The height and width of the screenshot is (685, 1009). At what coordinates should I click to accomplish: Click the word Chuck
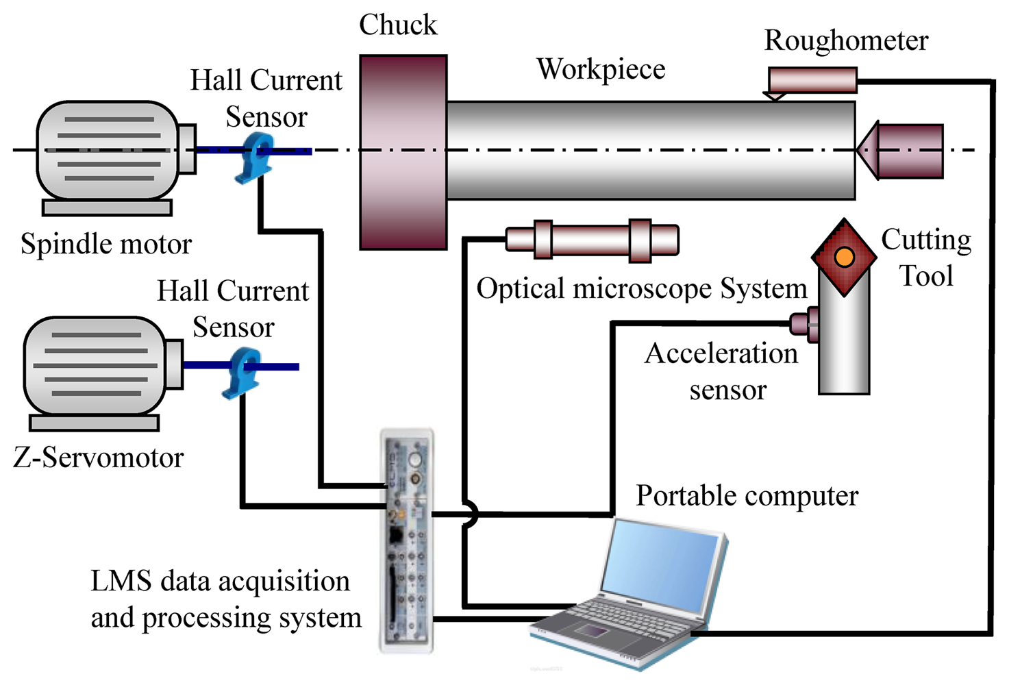[398, 25]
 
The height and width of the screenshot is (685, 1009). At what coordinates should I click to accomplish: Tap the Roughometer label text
[845, 40]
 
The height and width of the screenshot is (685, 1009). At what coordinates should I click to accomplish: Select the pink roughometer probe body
[812, 79]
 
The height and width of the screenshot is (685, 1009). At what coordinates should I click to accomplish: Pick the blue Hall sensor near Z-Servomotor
[242, 373]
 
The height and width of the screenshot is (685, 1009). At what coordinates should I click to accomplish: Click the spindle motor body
[107, 150]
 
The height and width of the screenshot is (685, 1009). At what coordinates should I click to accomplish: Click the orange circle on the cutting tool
[844, 257]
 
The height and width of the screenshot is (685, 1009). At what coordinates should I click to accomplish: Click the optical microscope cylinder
[592, 240]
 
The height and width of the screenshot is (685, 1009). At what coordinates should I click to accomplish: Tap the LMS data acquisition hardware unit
[407, 541]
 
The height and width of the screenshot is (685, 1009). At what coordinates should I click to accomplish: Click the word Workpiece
[600, 69]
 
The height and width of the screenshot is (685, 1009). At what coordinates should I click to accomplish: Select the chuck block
[403, 152]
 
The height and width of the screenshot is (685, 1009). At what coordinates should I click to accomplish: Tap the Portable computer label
[747, 496]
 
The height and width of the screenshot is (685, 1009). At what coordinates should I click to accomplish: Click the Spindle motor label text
[106, 245]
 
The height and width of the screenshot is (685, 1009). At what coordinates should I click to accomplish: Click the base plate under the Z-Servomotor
[94, 423]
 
